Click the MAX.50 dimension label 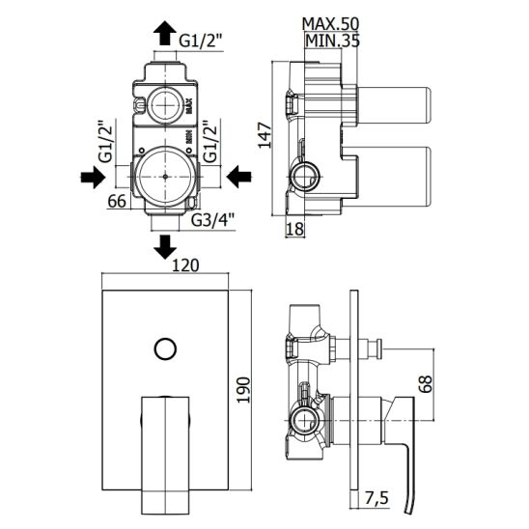330,23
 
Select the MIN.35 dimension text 332,41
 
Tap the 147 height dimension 264,135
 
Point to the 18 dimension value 294,229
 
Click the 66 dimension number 117,202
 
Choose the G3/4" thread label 213,221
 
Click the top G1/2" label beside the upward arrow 201,41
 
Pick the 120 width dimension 185,265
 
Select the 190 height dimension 243,390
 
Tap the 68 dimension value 426,383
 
